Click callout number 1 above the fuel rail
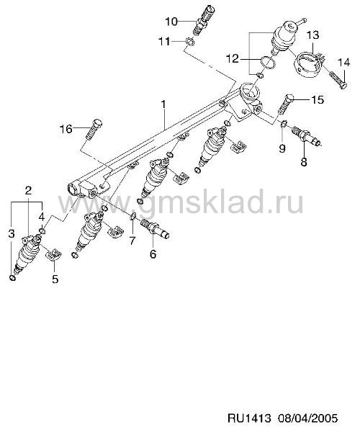pyautogui.click(x=163, y=104)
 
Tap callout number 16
pyautogui.click(x=66, y=129)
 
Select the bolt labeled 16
pyautogui.click(x=94, y=129)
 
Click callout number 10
pyautogui.click(x=171, y=21)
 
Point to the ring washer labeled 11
pyautogui.click(x=190, y=42)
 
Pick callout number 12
pyautogui.click(x=233, y=58)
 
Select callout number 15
pyautogui.click(x=318, y=99)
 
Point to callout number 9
pyautogui.click(x=282, y=148)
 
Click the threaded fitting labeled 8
pyautogui.click(x=307, y=136)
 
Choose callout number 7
pyautogui.click(x=132, y=241)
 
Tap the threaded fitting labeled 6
pyautogui.click(x=154, y=229)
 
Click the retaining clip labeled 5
pyautogui.click(x=54, y=255)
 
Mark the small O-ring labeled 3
pyautogui.click(x=12, y=278)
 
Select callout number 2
pyautogui.click(x=28, y=191)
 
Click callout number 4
pyautogui.click(x=41, y=217)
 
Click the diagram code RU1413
pyautogui.click(x=249, y=418)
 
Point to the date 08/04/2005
pyautogui.click(x=307, y=418)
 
